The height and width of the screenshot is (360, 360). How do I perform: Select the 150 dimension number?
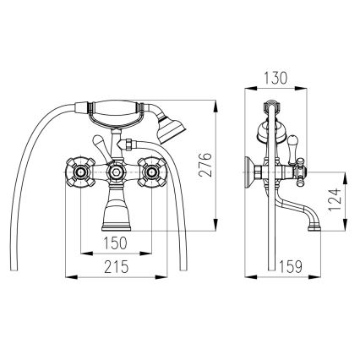(x=116, y=243)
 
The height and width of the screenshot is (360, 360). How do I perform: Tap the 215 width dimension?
(x=116, y=266)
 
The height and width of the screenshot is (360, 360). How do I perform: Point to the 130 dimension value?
(x=275, y=78)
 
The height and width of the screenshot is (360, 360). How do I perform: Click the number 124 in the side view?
(x=335, y=200)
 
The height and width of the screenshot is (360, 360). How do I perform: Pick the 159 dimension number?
(x=291, y=266)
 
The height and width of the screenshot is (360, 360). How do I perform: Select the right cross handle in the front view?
(x=152, y=172)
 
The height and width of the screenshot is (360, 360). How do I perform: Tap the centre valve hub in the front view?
(x=116, y=172)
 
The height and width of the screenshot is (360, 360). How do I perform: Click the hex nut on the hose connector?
(x=129, y=145)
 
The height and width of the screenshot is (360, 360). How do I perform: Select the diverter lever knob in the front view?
(x=97, y=139)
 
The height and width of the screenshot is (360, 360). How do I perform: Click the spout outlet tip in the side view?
(x=314, y=227)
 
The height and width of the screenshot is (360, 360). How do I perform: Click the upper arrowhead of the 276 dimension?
(x=215, y=106)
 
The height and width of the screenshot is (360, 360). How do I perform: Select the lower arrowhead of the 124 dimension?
(x=344, y=225)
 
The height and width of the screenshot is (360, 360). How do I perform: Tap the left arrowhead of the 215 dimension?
(x=71, y=277)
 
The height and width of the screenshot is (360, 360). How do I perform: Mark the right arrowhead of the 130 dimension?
(x=301, y=89)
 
